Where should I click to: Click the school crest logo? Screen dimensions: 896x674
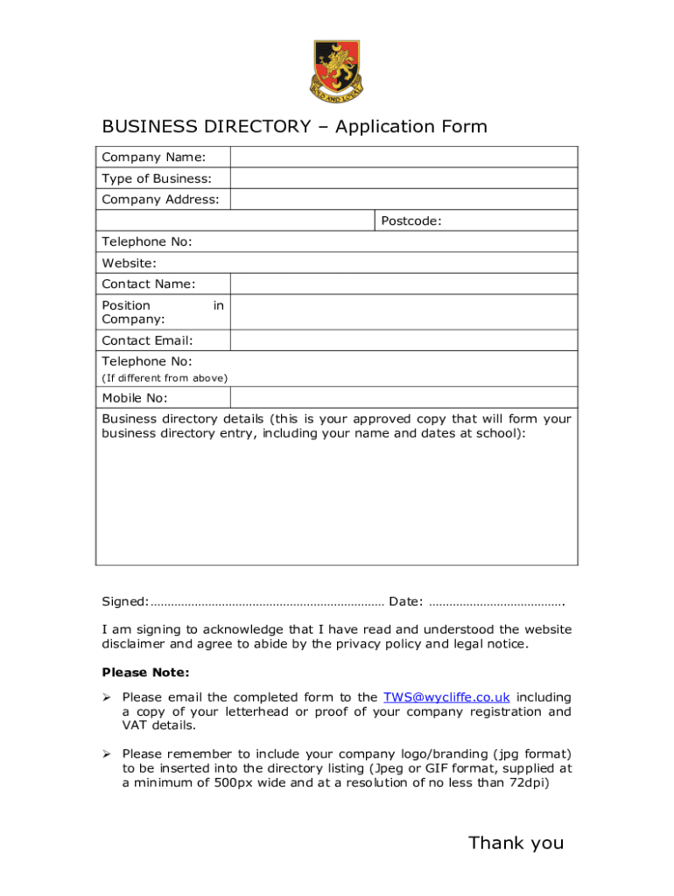coord(336,69)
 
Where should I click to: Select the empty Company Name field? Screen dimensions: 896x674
coord(404,157)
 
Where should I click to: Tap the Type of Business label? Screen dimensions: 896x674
coord(157,178)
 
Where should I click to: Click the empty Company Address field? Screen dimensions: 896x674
coord(404,199)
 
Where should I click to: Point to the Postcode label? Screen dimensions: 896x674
coord(411,221)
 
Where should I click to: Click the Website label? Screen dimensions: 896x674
coord(130,263)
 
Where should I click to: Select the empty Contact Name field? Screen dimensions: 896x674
coord(404,284)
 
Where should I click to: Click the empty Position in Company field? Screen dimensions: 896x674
coord(404,312)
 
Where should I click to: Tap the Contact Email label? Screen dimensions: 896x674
coord(147,340)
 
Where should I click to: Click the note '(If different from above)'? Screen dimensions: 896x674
coord(165,378)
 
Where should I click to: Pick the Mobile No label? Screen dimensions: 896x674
coord(135,398)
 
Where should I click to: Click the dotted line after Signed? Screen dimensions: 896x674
coord(267,602)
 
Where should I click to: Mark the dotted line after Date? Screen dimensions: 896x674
coord(497,602)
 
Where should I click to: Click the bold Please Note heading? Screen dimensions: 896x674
coord(145,673)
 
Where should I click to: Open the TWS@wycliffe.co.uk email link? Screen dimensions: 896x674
coord(446,697)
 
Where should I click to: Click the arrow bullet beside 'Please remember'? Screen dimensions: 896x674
coord(107,754)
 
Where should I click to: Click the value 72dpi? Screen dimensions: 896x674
coord(529,782)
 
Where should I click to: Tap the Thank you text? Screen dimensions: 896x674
coord(516,843)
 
